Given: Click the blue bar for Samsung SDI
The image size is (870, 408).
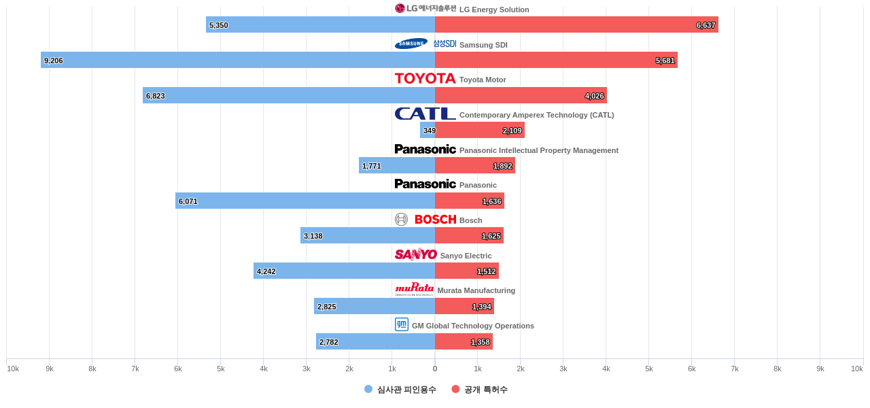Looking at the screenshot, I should (x=238, y=60).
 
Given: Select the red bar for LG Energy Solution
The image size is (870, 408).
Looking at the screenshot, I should (x=576, y=24).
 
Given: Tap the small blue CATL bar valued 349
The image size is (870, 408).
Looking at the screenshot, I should (x=428, y=131).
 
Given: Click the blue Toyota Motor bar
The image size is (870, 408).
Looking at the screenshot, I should (x=289, y=95).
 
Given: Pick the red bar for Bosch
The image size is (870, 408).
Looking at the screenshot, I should (x=469, y=236).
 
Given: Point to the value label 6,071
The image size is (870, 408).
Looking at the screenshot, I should (x=188, y=201).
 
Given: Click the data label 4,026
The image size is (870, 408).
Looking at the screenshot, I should (x=594, y=96).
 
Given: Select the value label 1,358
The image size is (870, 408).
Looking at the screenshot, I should (x=480, y=342).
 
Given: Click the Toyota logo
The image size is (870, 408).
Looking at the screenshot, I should (x=425, y=79).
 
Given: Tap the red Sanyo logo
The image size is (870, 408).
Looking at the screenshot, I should (x=415, y=254).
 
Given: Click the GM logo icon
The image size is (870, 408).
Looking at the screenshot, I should (x=402, y=324).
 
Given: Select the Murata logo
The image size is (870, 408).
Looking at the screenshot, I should (x=414, y=289).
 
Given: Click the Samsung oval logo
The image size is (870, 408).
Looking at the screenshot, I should (x=411, y=44).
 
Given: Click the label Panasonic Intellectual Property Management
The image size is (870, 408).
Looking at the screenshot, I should (x=538, y=150).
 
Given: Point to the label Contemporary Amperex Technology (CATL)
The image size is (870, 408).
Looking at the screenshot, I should (x=536, y=115).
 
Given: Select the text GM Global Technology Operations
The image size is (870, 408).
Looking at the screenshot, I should (x=472, y=326).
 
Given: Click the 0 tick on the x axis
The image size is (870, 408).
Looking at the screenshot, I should (x=435, y=369).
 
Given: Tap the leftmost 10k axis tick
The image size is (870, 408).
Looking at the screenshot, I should (x=13, y=369).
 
